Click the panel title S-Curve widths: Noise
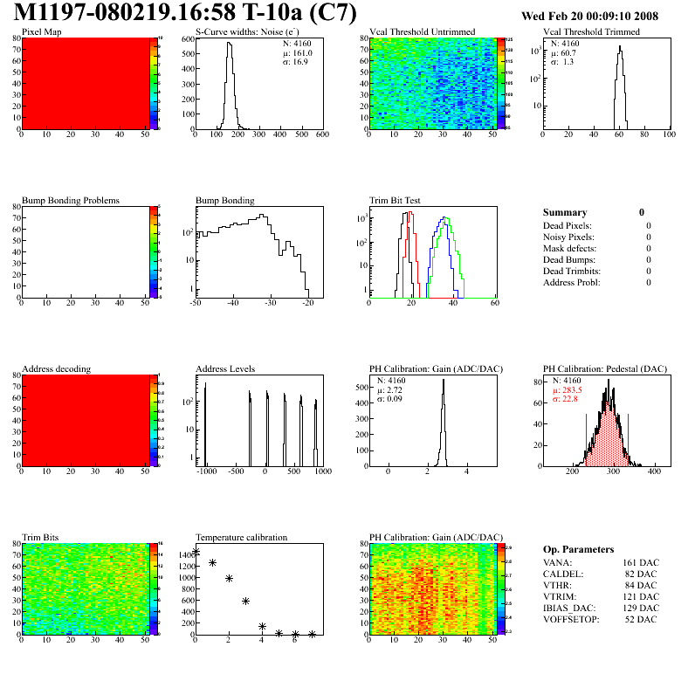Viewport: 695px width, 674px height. click(x=246, y=32)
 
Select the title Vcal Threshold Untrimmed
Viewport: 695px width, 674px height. click(x=422, y=32)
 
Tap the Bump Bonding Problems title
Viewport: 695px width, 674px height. click(x=71, y=200)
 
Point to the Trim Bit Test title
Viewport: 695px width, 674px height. click(x=396, y=200)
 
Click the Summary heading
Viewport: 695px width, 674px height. click(x=565, y=212)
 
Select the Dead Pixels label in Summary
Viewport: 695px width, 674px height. click(x=567, y=225)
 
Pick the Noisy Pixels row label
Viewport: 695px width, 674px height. click(x=568, y=237)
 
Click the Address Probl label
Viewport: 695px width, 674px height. click(x=572, y=282)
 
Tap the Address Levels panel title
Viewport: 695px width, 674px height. click(x=225, y=368)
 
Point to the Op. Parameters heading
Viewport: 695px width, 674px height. click(x=578, y=549)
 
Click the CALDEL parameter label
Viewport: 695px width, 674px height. click(x=561, y=574)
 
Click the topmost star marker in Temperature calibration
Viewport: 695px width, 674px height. click(x=196, y=552)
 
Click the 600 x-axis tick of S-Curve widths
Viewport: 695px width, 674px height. click(x=322, y=135)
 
